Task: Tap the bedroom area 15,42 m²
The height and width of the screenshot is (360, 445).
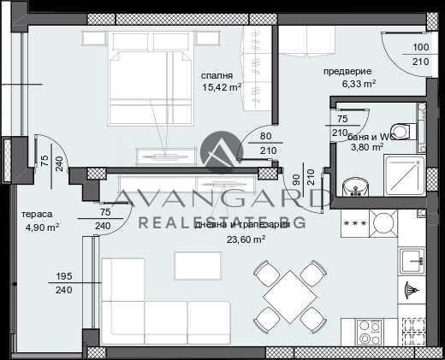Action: (222, 87)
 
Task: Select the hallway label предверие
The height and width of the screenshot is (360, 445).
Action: (347, 72)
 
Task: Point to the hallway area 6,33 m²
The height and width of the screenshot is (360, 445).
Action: (359, 84)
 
